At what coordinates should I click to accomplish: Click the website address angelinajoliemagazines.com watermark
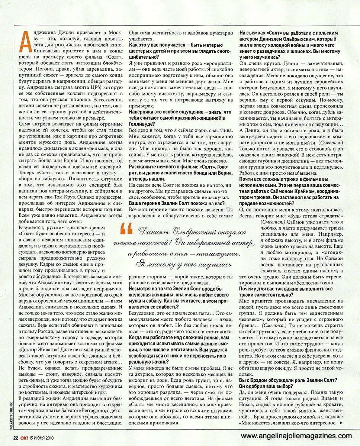point(296,436)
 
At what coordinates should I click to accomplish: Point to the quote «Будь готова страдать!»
point(311,216)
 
